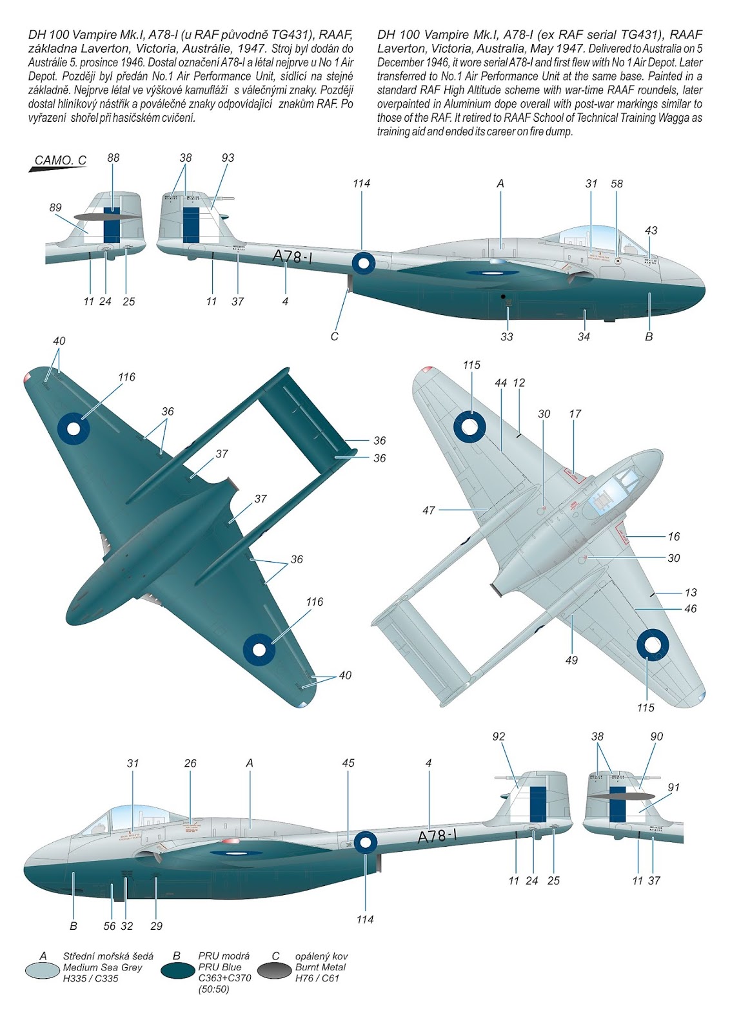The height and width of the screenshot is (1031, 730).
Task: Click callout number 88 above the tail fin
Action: [x=113, y=158]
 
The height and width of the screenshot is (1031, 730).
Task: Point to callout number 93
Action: [x=228, y=158]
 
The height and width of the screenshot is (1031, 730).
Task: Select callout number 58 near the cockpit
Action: [x=617, y=184]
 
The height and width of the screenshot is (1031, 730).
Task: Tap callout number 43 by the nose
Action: [x=651, y=230]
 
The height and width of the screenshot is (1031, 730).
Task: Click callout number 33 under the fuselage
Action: [x=507, y=336]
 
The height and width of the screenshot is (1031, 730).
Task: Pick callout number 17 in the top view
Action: [x=575, y=414]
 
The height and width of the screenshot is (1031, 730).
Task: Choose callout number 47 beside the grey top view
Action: [x=429, y=510]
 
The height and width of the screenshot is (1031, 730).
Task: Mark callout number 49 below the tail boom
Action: [x=571, y=660]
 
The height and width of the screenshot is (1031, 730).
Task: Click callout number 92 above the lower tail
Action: [x=498, y=737]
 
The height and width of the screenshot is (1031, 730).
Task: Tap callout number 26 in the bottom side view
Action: [x=190, y=763]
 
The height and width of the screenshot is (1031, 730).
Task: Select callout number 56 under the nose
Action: [x=110, y=926]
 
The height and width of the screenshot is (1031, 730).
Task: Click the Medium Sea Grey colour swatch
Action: [x=42, y=970]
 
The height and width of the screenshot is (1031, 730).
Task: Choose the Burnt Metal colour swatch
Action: [x=275, y=970]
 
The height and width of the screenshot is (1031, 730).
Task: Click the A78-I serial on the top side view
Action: [x=293, y=256]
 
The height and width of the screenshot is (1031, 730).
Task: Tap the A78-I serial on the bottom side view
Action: [x=438, y=836]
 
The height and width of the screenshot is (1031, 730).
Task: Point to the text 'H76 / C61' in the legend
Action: [x=317, y=978]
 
